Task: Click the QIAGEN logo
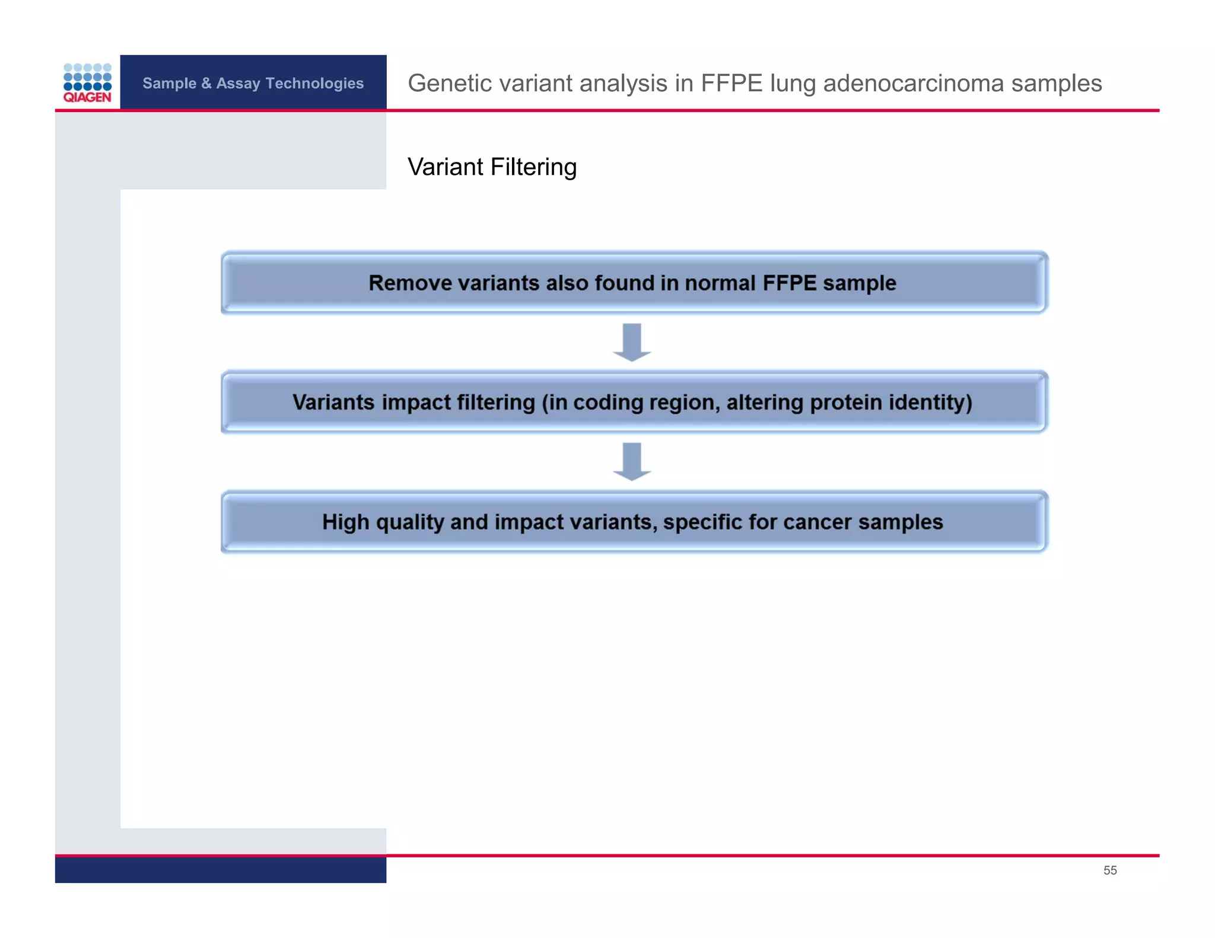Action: [87, 83]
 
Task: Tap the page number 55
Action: [1109, 870]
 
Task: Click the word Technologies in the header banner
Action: [314, 84]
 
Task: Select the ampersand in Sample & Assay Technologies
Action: [206, 84]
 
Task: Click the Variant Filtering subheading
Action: [492, 167]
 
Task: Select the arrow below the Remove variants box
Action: [632, 342]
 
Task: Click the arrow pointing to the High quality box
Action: [632, 461]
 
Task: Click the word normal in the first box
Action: [720, 283]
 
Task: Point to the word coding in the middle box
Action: [607, 403]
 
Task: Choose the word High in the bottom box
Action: [345, 522]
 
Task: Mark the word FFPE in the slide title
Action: [731, 84]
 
